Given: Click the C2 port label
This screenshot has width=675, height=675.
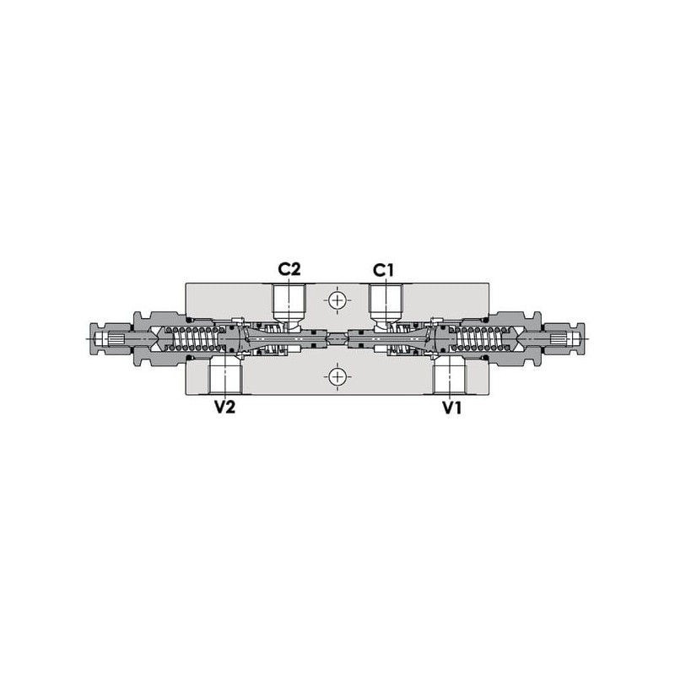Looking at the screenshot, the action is [289, 269].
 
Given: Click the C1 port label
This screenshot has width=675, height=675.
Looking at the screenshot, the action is [383, 270].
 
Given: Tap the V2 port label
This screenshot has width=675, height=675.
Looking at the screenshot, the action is [225, 407].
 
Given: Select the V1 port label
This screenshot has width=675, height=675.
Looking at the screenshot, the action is [452, 408].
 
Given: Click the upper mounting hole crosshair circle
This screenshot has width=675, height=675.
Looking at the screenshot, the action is [337, 300].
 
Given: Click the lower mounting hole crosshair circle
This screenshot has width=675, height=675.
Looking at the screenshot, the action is [337, 377].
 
